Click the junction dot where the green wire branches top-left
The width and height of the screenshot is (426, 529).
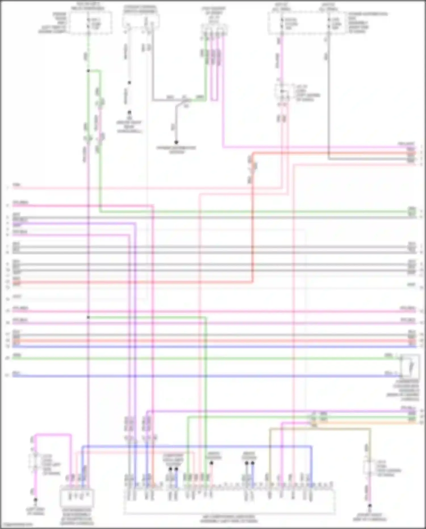88,70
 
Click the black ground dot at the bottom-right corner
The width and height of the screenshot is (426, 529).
370,505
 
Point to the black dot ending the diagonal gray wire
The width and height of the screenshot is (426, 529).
176,142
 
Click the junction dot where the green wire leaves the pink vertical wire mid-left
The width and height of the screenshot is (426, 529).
88,317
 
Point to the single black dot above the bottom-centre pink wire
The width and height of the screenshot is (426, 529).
211,463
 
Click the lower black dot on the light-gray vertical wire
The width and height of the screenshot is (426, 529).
129,113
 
